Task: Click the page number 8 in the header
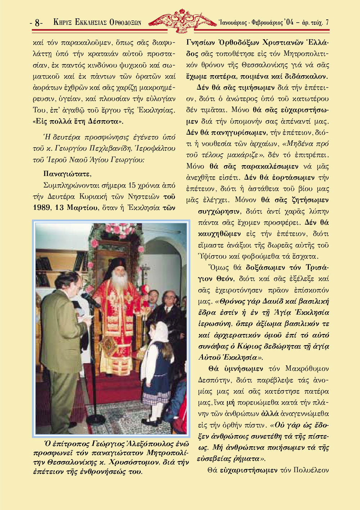(x=37, y=23)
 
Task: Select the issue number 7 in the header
(x=327, y=22)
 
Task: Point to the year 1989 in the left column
(x=41, y=208)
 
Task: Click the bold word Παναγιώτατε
(x=67, y=174)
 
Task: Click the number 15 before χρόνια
(x=132, y=186)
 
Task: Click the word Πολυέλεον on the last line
(x=311, y=470)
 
